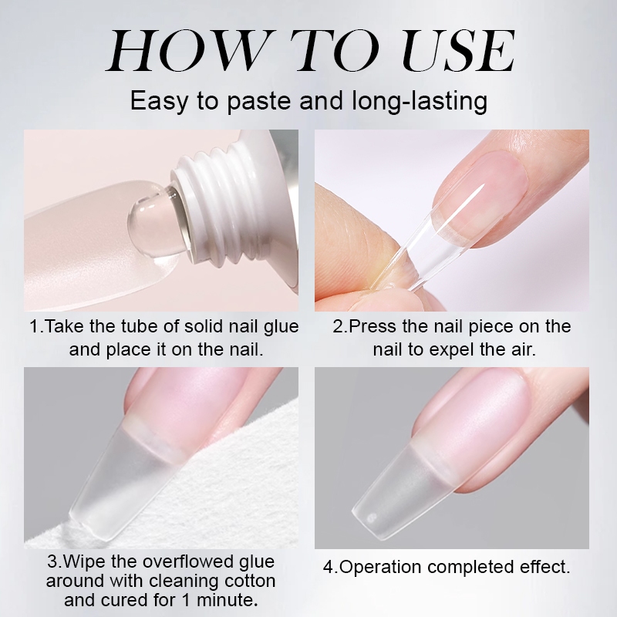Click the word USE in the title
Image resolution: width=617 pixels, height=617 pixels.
[x=458, y=50]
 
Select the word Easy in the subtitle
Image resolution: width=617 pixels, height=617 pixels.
[x=160, y=101]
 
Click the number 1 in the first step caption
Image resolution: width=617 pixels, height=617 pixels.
[x=35, y=326]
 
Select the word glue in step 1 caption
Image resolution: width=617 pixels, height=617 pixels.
[x=281, y=327]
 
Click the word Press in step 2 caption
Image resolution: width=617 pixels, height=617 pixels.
[x=373, y=326]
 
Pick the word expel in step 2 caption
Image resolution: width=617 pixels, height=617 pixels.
[x=447, y=350]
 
